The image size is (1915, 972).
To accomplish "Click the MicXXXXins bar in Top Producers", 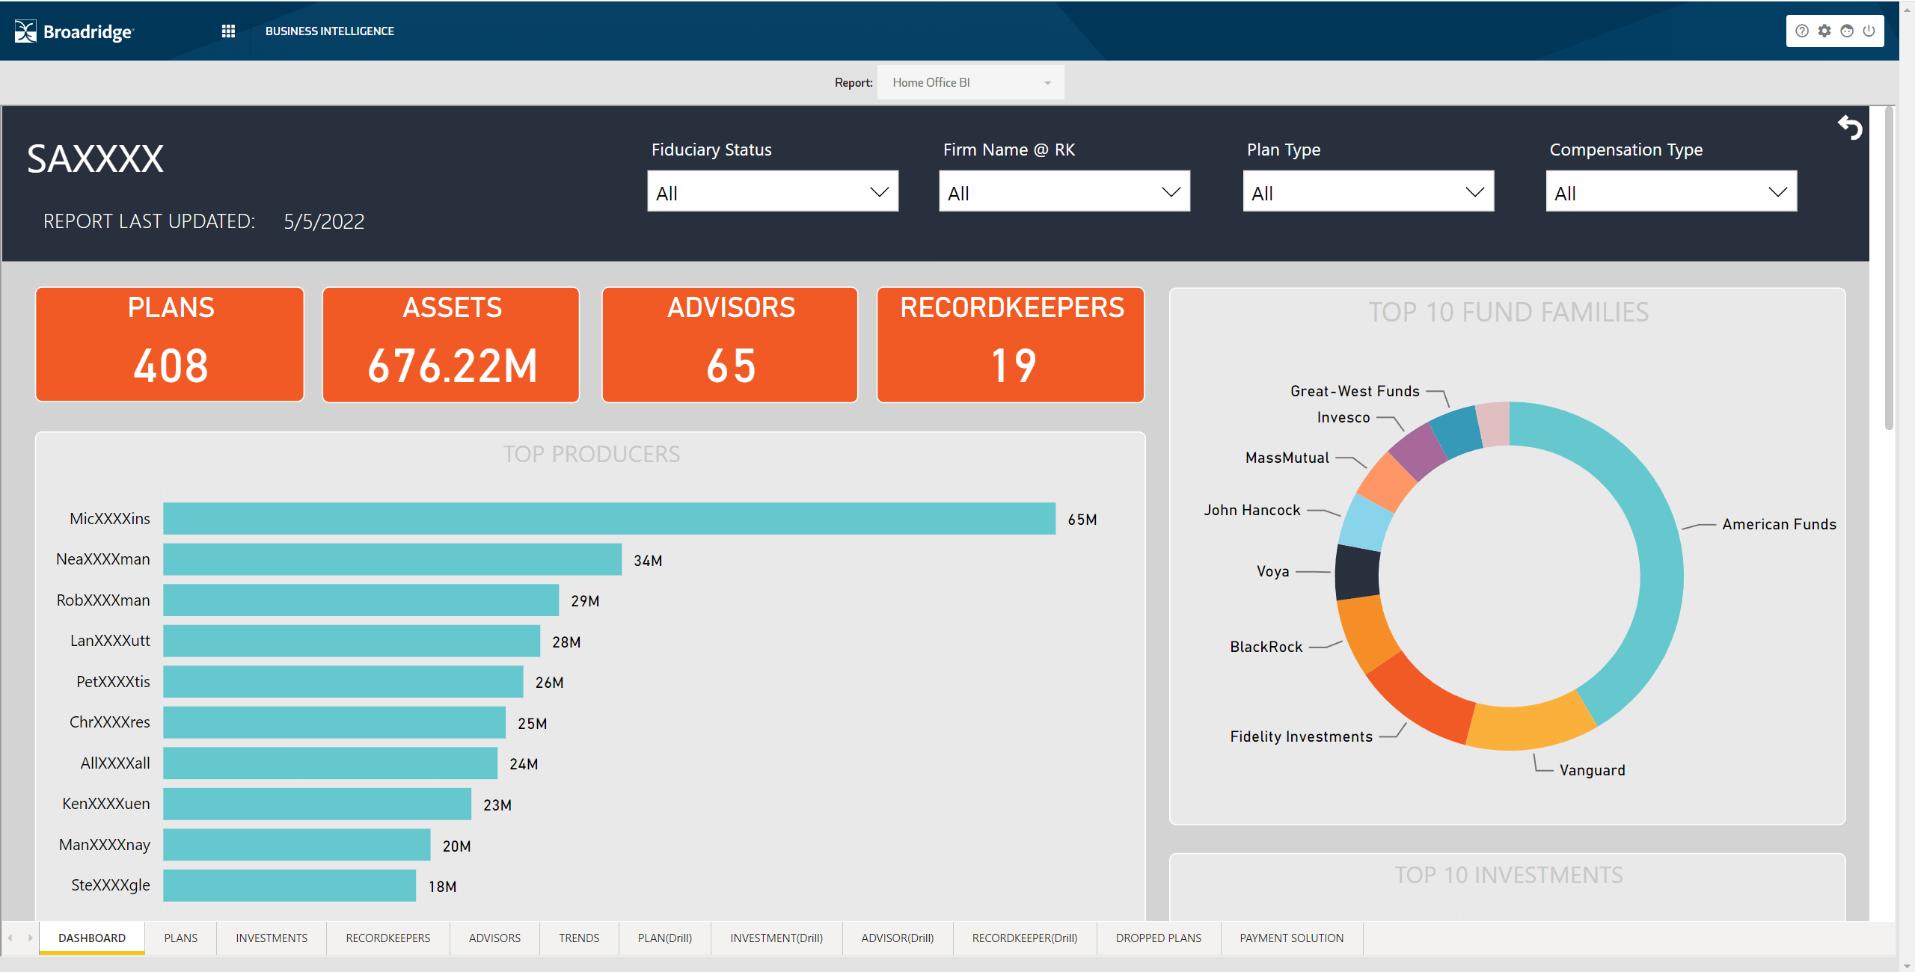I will [x=609, y=518].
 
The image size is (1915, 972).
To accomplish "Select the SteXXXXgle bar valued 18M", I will [x=289, y=885].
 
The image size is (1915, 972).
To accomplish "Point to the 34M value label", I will [x=648, y=561].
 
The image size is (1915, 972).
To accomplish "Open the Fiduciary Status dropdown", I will [x=772, y=192].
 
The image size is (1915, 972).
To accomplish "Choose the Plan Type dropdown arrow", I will [x=1474, y=192].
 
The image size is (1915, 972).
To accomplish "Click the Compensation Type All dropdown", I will [x=1670, y=192].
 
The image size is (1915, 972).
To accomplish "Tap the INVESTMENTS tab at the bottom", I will [x=272, y=938].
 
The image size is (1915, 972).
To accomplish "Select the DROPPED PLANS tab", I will [x=1158, y=938].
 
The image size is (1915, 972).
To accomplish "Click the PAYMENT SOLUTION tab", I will [x=1291, y=938].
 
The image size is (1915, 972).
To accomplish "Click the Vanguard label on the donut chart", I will [x=1592, y=770].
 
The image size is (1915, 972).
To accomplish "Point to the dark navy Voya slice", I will [x=1357, y=572].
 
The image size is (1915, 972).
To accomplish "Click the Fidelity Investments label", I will [x=1301, y=736].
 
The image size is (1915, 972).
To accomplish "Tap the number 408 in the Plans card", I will [x=171, y=366].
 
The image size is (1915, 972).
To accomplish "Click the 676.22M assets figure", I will [x=452, y=366].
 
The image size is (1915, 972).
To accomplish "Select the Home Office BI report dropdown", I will [x=970, y=82].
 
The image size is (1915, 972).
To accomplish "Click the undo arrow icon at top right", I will [x=1850, y=128].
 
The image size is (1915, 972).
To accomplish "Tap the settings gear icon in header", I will [x=1824, y=31].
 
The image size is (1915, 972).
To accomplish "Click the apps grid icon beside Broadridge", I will [x=228, y=31].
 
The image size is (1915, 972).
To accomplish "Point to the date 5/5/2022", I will [x=324, y=221].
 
